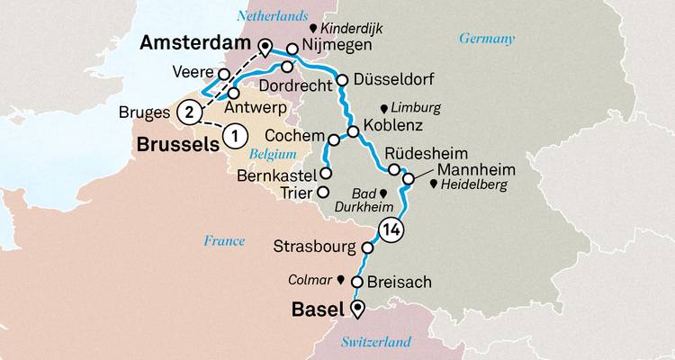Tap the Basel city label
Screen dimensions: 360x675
tap(317, 310)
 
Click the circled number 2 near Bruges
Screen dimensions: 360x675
tap(188, 112)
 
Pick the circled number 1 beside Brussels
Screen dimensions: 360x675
tap(233, 137)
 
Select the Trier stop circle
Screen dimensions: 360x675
tap(324, 193)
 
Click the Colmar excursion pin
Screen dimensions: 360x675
tap(341, 279)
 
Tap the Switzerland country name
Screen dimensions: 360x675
tap(375, 341)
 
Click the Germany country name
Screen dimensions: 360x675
tap(486, 39)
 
